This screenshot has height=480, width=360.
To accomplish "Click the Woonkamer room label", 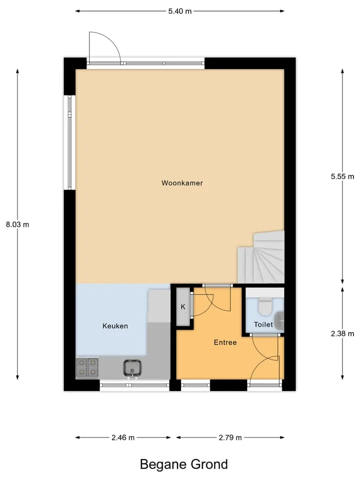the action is [182, 183].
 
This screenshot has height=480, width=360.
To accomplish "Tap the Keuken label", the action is [115, 326].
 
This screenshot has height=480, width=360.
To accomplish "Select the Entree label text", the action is [225, 342].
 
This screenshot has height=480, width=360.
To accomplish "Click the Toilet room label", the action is [263, 324].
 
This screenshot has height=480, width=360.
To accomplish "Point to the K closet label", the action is [183, 306].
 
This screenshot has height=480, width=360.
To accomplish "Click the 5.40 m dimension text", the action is [180, 11].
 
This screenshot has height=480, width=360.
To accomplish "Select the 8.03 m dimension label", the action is [17, 224].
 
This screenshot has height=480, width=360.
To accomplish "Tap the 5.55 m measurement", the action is [342, 176].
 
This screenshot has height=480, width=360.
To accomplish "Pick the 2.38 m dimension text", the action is [342, 333].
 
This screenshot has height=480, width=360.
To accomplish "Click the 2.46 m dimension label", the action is [123, 438].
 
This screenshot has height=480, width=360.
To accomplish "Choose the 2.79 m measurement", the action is [230, 438].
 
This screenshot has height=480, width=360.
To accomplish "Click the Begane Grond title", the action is [184, 464].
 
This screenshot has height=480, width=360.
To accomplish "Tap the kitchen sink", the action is [132, 368].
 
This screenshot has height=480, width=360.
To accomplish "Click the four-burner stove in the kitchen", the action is [87, 367].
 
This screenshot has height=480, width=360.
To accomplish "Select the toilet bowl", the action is [265, 306].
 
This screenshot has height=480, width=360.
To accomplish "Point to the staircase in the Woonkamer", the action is [261, 257].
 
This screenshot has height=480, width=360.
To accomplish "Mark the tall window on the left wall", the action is [69, 142].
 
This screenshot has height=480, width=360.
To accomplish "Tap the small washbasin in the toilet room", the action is [279, 320].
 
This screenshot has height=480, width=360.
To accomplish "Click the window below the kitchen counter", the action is [134, 385].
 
